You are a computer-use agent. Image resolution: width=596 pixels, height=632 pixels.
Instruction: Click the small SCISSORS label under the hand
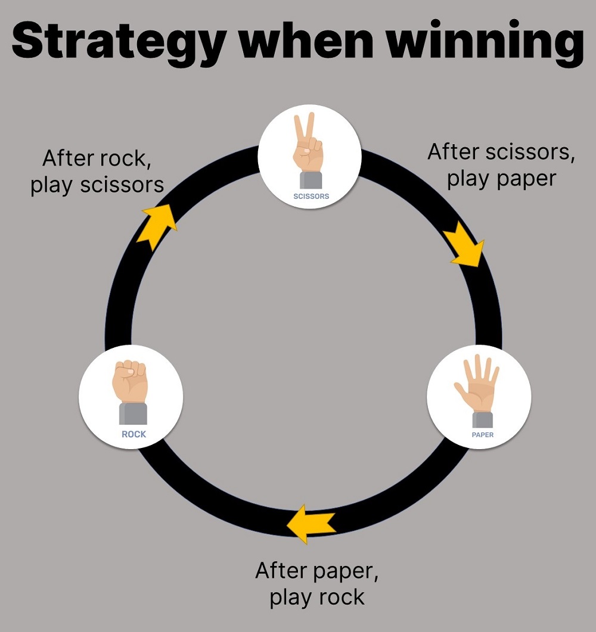[311, 196]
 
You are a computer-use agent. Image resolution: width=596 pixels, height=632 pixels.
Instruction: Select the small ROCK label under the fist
[134, 434]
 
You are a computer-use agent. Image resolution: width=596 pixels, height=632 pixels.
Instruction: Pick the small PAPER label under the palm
[482, 435]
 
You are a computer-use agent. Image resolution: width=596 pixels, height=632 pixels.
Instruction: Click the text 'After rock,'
[94, 159]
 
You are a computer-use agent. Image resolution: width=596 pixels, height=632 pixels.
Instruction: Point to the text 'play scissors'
[97, 185]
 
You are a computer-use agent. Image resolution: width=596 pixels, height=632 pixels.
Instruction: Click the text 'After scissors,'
[501, 152]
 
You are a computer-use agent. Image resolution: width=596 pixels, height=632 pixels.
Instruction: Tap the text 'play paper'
[501, 178]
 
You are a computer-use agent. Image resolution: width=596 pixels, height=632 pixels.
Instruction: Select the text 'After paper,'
[316, 571]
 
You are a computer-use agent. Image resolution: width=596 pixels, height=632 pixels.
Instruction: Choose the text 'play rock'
[316, 597]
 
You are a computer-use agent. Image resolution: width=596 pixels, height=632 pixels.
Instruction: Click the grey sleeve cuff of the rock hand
[133, 413]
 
